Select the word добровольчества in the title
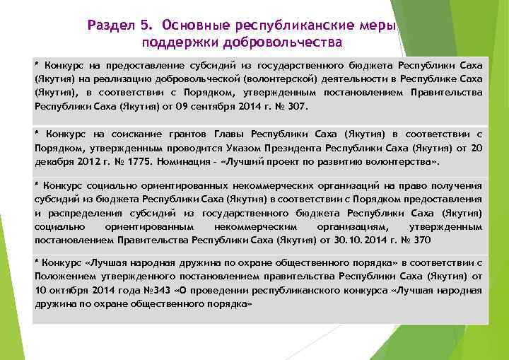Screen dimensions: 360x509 tap(291, 42)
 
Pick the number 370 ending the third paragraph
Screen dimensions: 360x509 tap(421, 240)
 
